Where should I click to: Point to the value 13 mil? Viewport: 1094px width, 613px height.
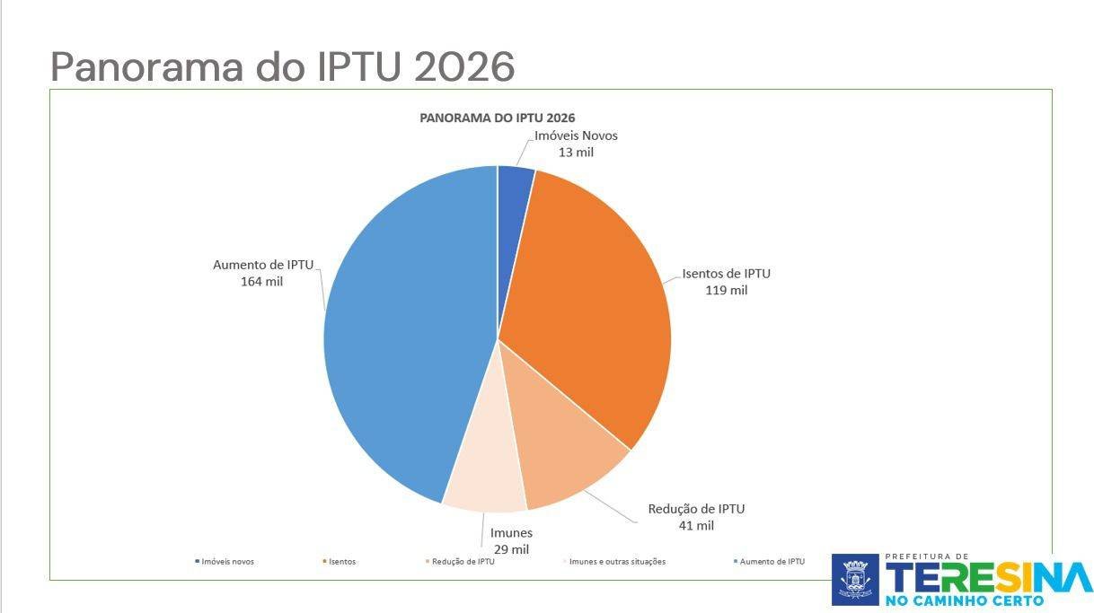pyautogui.click(x=576, y=152)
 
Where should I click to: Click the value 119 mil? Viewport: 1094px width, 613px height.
pyautogui.click(x=727, y=290)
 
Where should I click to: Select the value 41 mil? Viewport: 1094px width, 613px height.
pyautogui.click(x=696, y=525)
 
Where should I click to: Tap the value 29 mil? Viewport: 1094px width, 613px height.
pyautogui.click(x=510, y=548)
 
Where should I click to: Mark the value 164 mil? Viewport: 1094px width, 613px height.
pyautogui.click(x=262, y=281)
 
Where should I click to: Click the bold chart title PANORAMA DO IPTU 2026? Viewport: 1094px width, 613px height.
pyautogui.click(x=498, y=118)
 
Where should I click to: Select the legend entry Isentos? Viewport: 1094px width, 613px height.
pyautogui.click(x=341, y=562)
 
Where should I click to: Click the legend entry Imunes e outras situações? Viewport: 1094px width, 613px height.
pyautogui.click(x=618, y=562)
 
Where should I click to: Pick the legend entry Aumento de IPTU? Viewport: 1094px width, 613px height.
pyautogui.click(x=772, y=562)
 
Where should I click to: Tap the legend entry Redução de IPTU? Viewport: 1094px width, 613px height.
pyautogui.click(x=463, y=562)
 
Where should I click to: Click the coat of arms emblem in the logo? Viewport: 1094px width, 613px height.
pyautogui.click(x=855, y=579)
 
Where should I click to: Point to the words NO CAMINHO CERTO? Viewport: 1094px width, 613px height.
pyautogui.click(x=965, y=600)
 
